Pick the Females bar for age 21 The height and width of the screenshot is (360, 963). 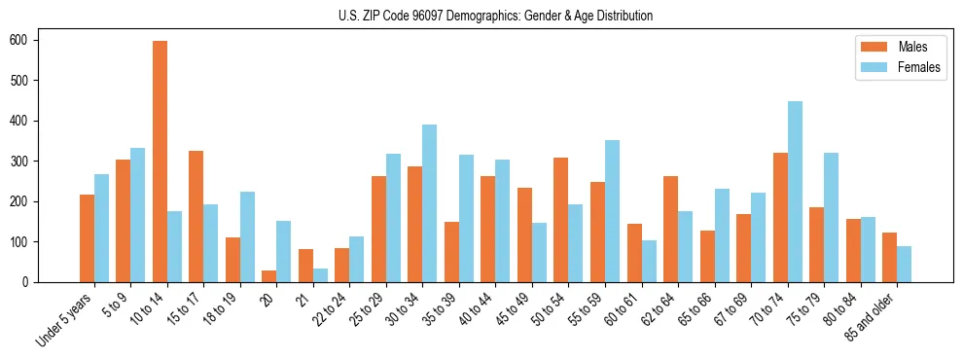(320, 275)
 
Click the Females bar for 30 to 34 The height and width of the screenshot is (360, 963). (430, 203)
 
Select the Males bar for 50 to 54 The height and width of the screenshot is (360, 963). (561, 220)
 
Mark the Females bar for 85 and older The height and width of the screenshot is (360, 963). (904, 264)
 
